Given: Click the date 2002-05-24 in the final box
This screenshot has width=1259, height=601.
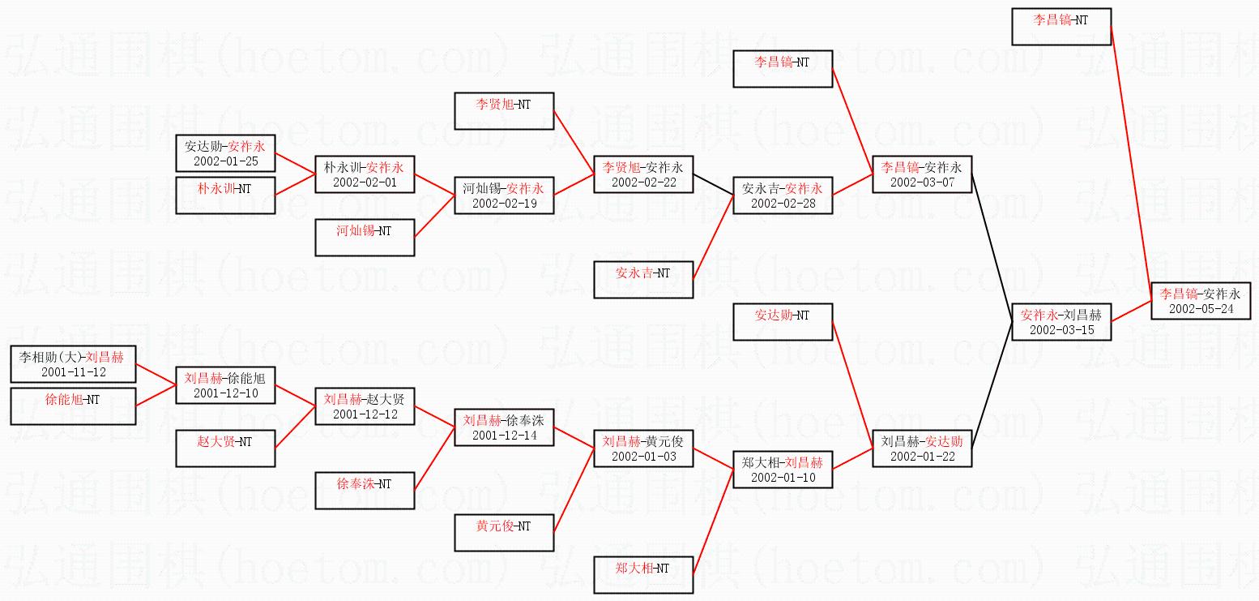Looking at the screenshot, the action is [x=1201, y=309].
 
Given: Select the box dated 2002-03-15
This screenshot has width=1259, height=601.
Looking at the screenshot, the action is [x=1061, y=321].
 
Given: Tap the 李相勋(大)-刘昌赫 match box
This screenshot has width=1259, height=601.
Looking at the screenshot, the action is [x=73, y=363].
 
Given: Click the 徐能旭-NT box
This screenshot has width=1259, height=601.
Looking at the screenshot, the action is [x=73, y=406].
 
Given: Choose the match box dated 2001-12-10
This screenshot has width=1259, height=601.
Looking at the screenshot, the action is [x=225, y=385].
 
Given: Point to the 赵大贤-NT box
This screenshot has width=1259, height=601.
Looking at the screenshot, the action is [x=225, y=449].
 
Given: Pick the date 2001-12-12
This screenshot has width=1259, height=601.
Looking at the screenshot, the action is [x=365, y=414].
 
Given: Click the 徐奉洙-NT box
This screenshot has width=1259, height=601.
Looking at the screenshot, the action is [x=365, y=491].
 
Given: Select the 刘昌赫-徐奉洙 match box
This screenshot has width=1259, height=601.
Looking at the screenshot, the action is [x=504, y=427].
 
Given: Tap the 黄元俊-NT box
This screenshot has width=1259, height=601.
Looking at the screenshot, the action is [x=504, y=533].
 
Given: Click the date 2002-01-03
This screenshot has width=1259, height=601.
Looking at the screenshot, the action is [x=643, y=457].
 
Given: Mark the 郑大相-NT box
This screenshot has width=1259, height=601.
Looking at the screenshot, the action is [x=643, y=575].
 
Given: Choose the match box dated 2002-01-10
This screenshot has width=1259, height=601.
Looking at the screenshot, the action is [x=783, y=470].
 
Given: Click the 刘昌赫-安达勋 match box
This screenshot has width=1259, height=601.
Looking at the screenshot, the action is [x=922, y=449].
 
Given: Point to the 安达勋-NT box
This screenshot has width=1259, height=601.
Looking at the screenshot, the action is [x=783, y=322].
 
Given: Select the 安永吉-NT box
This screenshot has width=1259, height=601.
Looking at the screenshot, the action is [x=643, y=280].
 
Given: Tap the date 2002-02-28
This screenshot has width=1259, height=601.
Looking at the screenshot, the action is [x=783, y=204].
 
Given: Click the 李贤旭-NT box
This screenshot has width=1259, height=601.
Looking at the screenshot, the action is [x=504, y=111].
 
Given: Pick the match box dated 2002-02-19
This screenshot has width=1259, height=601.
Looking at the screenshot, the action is [x=504, y=195].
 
